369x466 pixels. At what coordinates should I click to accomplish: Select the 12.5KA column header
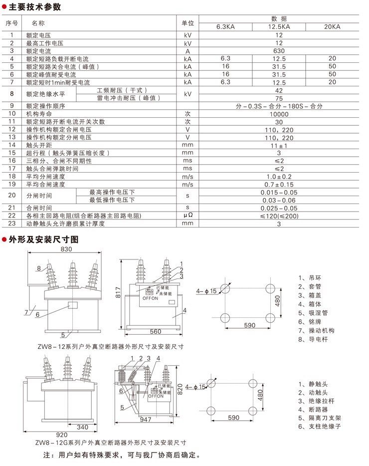pyautogui.click(x=279, y=27)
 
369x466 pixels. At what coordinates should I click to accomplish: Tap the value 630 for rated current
pyautogui.click(x=279, y=51)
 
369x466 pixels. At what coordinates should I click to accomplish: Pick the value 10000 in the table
pyautogui.click(x=279, y=114)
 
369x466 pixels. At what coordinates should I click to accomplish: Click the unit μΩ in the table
pyautogui.click(x=187, y=216)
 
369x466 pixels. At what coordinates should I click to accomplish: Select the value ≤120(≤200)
pyautogui.click(x=279, y=216)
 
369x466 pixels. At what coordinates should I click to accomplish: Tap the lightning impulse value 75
pyautogui.click(x=279, y=98)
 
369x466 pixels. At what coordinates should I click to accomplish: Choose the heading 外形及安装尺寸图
pyautogui.click(x=43, y=239)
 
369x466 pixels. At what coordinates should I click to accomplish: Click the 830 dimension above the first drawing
pyautogui.click(x=66, y=249)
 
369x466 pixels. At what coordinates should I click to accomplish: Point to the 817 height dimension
pyautogui.click(x=119, y=292)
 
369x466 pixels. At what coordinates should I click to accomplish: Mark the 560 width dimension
pyautogui.click(x=155, y=332)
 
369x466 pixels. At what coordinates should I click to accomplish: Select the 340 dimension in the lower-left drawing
pyautogui.click(x=83, y=427)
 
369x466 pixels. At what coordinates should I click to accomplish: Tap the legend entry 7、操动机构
pyautogui.click(x=316, y=330)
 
